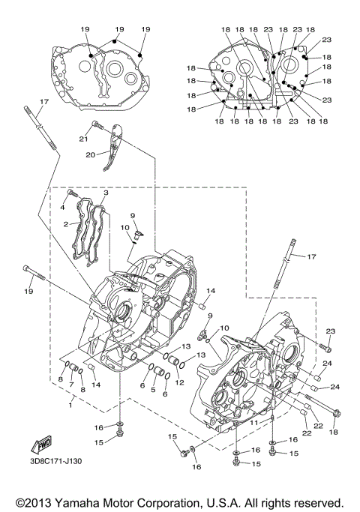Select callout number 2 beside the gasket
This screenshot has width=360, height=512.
click(66, 223)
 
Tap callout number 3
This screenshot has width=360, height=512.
click(106, 193)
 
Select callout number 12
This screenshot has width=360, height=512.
click(180, 382)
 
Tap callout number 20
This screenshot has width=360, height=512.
click(90, 155)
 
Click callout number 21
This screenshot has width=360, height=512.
click(85, 139)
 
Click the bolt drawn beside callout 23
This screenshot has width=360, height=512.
click(324, 346)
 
